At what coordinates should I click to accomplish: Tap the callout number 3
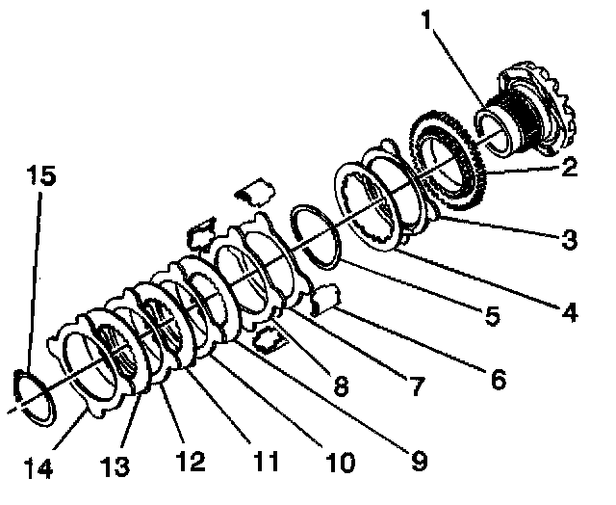(x=570, y=239)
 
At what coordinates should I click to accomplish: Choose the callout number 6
(x=498, y=379)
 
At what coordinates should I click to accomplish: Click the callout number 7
(x=415, y=387)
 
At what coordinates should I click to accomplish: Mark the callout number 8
(x=342, y=387)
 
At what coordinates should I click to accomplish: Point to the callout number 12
(x=192, y=462)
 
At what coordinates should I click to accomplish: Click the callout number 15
(x=40, y=177)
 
